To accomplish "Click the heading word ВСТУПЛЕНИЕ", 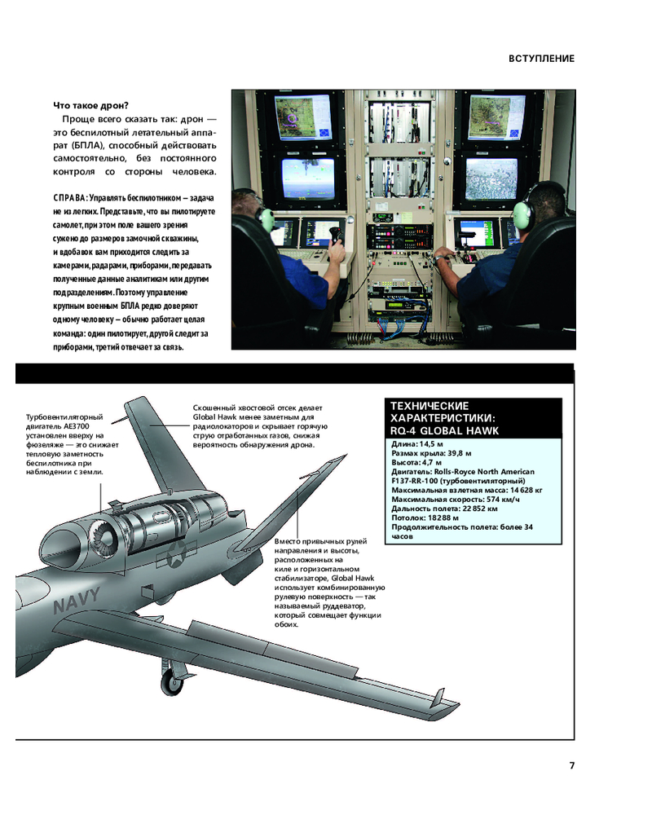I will click(x=542, y=59).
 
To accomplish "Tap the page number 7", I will click(x=572, y=765).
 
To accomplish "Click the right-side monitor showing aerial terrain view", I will click(x=491, y=180).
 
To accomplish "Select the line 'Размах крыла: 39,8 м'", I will click(x=431, y=452).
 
